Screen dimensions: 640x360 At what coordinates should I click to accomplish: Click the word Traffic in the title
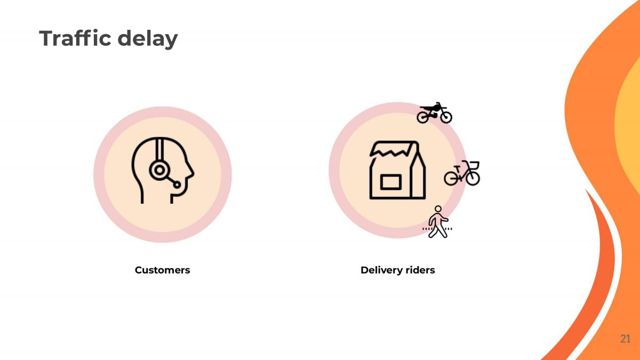tap(75, 38)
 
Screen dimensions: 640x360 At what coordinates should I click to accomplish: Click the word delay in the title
tap(148, 39)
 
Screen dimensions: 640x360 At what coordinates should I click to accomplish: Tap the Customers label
tap(162, 270)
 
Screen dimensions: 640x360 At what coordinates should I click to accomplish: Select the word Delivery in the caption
tap(379, 270)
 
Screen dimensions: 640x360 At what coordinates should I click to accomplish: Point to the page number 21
tap(625, 339)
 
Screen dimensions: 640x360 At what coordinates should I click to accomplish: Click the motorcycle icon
tap(434, 113)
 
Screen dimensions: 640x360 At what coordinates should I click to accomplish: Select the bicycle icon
tap(462, 173)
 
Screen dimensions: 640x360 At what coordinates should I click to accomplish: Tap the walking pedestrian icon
tap(437, 222)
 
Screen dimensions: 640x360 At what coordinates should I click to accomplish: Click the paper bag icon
tap(398, 170)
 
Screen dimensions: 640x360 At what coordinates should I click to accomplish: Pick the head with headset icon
tap(163, 171)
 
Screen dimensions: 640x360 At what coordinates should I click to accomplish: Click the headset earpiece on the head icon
tap(159, 170)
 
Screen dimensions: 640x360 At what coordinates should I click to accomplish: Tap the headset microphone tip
tap(177, 185)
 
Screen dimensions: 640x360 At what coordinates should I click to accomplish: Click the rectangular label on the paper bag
tap(391, 182)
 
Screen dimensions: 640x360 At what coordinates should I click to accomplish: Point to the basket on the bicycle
tap(474, 165)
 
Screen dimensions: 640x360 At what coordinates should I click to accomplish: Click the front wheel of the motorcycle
tap(446, 117)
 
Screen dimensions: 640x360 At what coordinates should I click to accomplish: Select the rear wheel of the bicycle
tap(451, 178)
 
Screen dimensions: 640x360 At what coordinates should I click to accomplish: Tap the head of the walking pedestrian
tap(438, 209)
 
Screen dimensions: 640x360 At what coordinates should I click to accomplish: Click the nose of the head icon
tap(191, 172)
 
